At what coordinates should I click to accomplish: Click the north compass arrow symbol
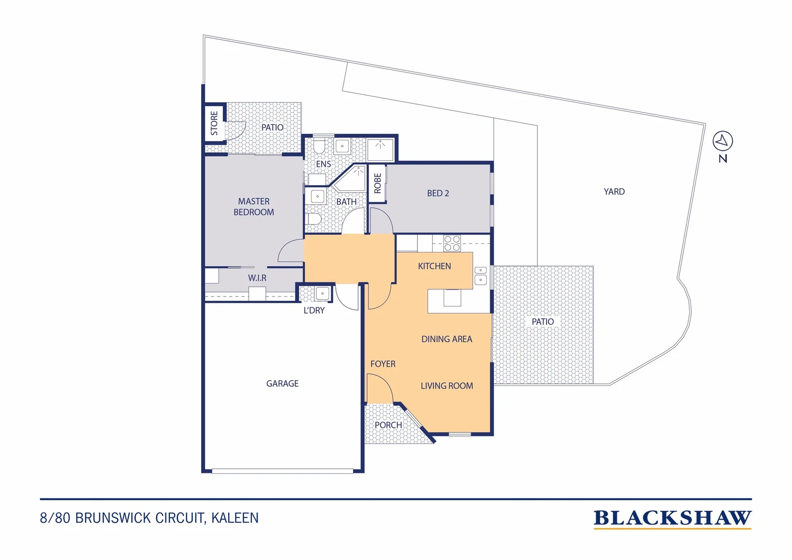pyautogui.click(x=723, y=141)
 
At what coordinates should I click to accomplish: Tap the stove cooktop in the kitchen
pyautogui.click(x=452, y=243)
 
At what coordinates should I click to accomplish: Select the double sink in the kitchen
pyautogui.click(x=480, y=275)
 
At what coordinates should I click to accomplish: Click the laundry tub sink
pyautogui.click(x=322, y=293)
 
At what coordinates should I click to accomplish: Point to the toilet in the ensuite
pyautogui.click(x=319, y=145)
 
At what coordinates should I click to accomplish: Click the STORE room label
pyautogui.click(x=214, y=123)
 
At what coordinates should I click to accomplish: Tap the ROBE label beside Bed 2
pyautogui.click(x=377, y=183)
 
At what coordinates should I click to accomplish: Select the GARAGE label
pyautogui.click(x=282, y=384)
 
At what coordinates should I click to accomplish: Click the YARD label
pyautogui.click(x=614, y=191)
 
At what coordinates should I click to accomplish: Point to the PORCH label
pyautogui.click(x=388, y=425)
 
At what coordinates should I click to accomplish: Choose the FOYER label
pyautogui.click(x=383, y=363)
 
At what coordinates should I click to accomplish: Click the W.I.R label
pyautogui.click(x=257, y=278)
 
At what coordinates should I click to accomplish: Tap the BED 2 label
pyautogui.click(x=437, y=193)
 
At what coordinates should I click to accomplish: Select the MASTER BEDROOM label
pyautogui.click(x=253, y=206)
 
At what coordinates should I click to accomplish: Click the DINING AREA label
pyautogui.click(x=447, y=339)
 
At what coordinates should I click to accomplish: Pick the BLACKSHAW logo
pyautogui.click(x=672, y=519)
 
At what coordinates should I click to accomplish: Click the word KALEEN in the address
pyautogui.click(x=235, y=518)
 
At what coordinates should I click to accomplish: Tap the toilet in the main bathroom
pyautogui.click(x=313, y=219)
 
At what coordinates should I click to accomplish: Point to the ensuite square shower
pyautogui.click(x=380, y=149)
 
